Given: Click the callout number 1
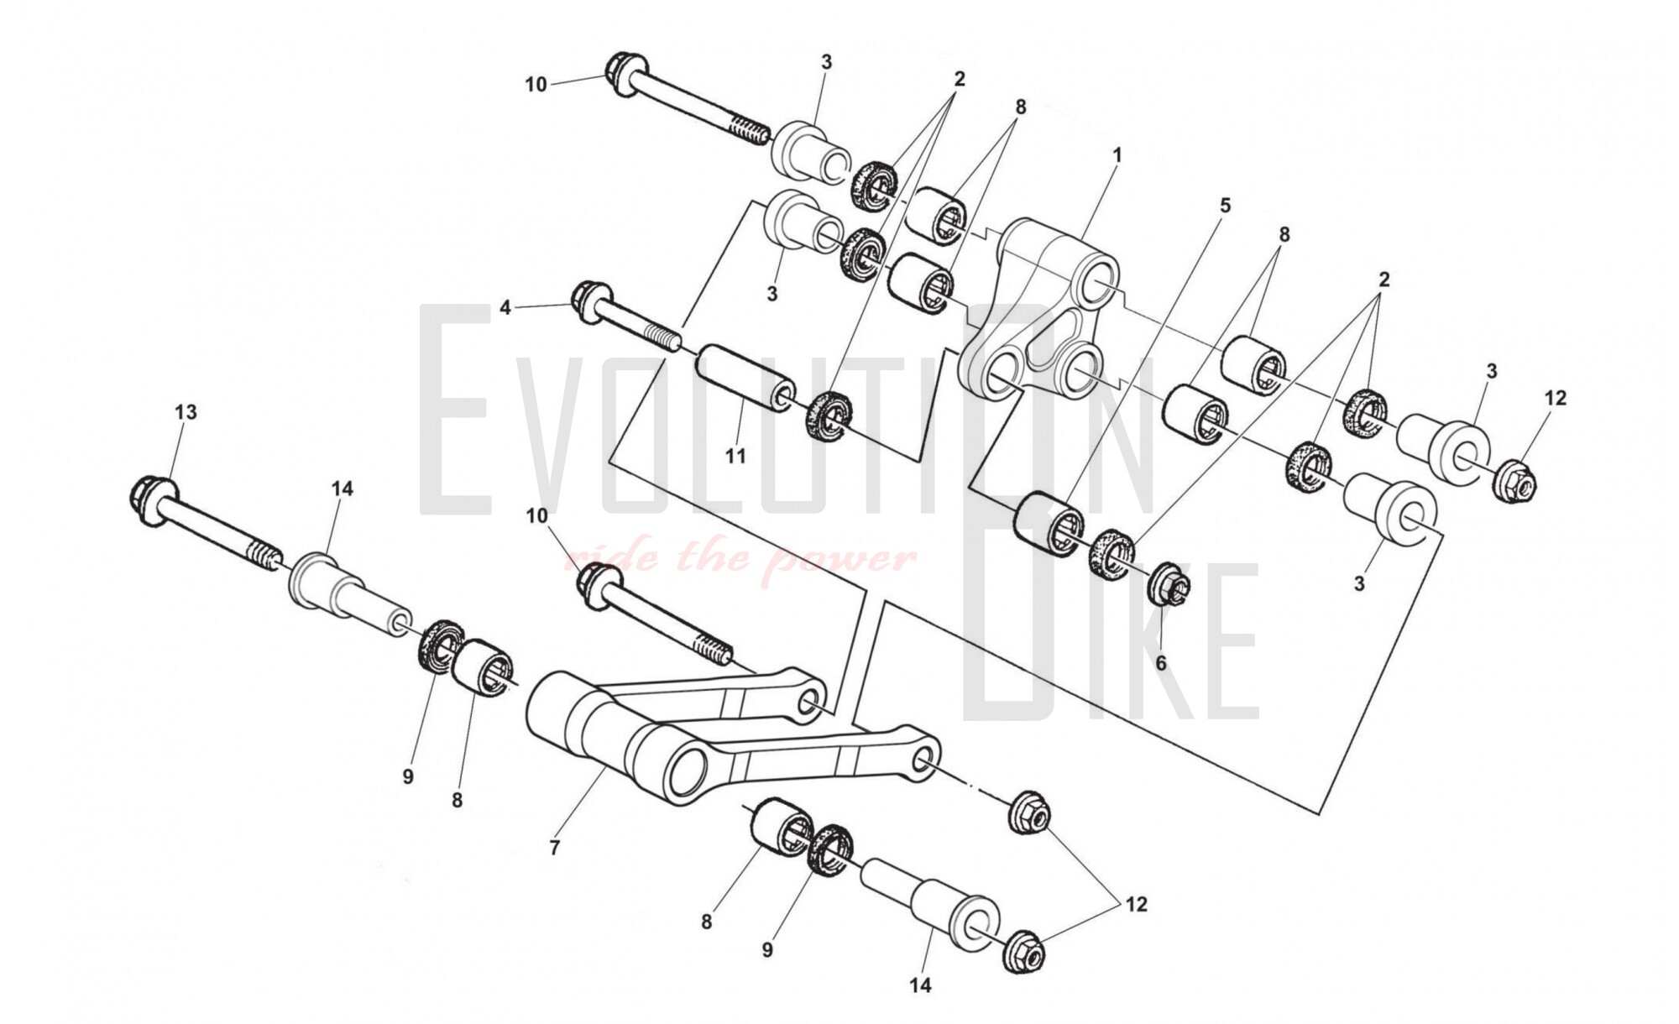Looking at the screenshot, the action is [x=1117, y=155].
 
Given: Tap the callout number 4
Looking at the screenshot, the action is [x=505, y=308].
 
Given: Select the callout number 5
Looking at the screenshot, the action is [x=1225, y=205].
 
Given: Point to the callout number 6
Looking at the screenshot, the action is [x=1161, y=663].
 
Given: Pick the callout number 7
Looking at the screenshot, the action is [x=554, y=848].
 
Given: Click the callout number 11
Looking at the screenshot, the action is [x=735, y=456].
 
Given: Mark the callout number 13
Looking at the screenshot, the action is [x=186, y=411].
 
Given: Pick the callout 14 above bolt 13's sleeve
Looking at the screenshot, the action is [x=343, y=488].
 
